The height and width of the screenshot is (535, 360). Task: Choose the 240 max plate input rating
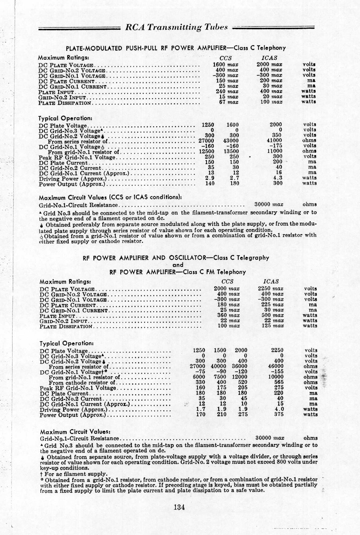pos(228,91)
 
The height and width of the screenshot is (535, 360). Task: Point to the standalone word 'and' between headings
pos(178,265)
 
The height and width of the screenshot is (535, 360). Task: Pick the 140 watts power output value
pos(209,183)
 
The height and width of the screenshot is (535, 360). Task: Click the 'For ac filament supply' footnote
pos(74,474)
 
